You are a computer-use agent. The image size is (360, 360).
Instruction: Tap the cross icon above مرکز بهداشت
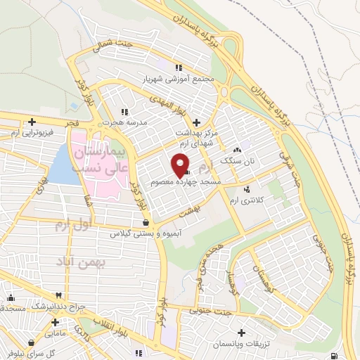tap(195, 121)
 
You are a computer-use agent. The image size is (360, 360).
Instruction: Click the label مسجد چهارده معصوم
tap(186, 181)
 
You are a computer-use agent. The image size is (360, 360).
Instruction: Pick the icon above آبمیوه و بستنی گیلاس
tap(145, 223)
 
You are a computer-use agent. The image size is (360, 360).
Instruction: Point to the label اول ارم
tap(72, 225)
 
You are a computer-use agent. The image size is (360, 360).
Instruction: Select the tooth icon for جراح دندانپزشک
tap(60, 295)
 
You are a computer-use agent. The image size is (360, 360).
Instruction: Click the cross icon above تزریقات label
tap(242, 332)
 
